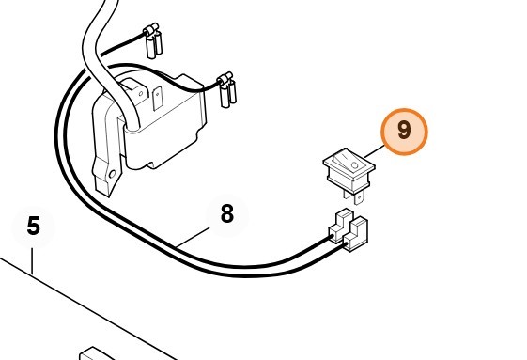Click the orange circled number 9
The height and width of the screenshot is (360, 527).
point(404,132)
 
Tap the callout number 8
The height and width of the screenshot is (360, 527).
point(227,213)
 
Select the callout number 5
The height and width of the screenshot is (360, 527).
point(33,226)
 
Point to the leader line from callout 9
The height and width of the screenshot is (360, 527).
point(375,151)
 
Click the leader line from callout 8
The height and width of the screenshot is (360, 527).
point(193,238)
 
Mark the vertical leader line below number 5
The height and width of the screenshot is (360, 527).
point(32,261)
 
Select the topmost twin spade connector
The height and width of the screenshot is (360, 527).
point(153,41)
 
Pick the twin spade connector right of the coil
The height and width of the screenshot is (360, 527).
point(227,89)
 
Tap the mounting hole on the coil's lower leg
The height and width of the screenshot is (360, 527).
point(112,174)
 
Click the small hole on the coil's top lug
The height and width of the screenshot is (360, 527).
point(141,93)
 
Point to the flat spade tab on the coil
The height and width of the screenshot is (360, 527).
point(157,99)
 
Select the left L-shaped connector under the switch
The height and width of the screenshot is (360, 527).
point(340,227)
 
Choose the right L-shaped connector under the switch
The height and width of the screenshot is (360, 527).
point(355,234)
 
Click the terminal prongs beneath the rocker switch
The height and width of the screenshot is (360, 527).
point(353,196)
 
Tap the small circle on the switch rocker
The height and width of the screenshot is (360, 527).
point(354,165)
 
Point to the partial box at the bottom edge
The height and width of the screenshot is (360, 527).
point(97,353)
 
